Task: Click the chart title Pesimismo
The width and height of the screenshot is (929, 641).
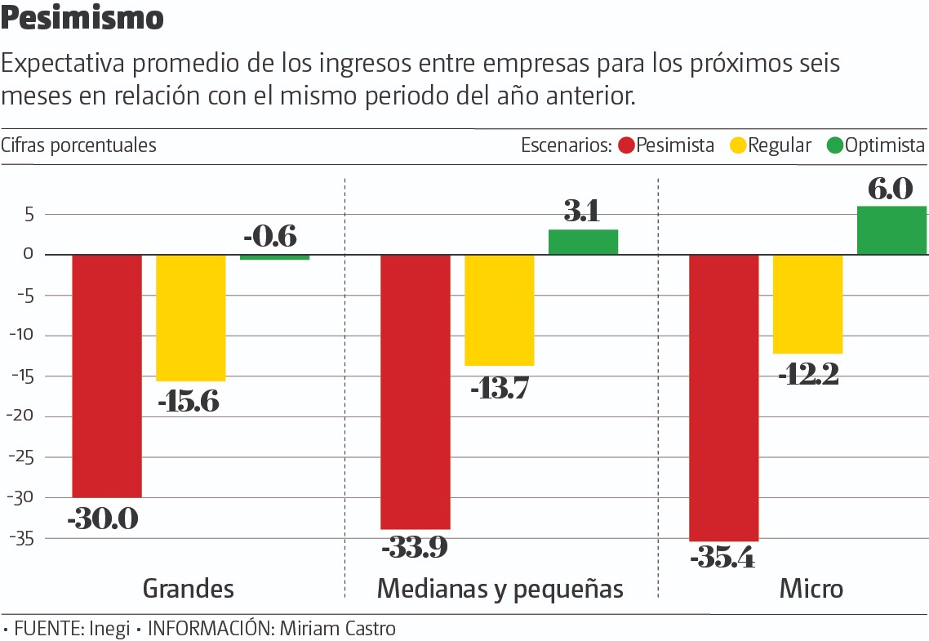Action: (82, 19)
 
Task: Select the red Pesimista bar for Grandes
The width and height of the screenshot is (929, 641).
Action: (107, 376)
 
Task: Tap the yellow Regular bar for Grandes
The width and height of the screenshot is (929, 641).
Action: (191, 318)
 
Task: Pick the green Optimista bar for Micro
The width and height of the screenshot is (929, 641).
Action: (891, 230)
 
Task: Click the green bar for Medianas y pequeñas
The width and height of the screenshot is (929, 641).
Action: (583, 243)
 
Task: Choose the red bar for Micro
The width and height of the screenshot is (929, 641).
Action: (724, 398)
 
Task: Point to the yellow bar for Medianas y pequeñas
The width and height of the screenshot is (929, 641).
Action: (500, 310)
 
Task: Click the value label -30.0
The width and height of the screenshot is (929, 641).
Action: (103, 519)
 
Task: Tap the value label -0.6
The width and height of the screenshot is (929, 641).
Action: (270, 237)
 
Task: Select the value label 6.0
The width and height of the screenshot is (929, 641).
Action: (891, 189)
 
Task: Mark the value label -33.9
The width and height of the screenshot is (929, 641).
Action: (414, 546)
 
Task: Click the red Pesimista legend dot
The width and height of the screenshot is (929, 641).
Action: (626, 146)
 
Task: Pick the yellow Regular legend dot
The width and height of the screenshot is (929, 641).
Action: (738, 146)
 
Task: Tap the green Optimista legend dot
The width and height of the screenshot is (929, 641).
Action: (834, 146)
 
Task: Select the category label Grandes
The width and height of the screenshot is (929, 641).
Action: (189, 589)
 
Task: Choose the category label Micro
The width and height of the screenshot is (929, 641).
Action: (811, 589)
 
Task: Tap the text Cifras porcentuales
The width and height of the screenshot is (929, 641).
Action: (78, 145)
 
